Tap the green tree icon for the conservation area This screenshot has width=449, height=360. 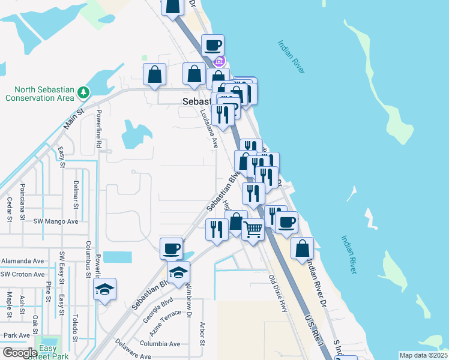(x=83, y=93)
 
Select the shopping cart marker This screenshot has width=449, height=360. (x=253, y=229)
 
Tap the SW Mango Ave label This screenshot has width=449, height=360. (x=56, y=221)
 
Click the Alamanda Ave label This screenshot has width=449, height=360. (x=22, y=261)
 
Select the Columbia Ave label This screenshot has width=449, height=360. (x=160, y=344)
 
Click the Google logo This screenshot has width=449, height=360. (x=19, y=353)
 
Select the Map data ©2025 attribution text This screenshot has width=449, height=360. (x=422, y=355)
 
